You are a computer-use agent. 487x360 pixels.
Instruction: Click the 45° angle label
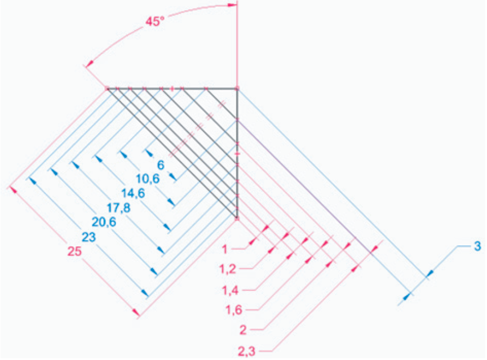(155, 21)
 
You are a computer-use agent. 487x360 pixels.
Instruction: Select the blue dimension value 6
(161, 165)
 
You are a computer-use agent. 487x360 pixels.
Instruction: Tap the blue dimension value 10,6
(148, 179)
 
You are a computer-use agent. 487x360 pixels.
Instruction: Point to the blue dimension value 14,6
(133, 193)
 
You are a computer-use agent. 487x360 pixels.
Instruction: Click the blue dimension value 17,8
(118, 208)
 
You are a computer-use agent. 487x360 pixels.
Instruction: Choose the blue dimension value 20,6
(104, 222)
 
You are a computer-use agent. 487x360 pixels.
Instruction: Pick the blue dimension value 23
(88, 237)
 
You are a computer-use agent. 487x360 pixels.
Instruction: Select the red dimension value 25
(74, 251)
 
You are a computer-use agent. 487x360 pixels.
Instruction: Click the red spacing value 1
(224, 249)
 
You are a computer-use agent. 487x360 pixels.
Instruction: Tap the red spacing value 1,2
(228, 269)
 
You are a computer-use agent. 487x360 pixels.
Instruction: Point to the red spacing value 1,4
(230, 291)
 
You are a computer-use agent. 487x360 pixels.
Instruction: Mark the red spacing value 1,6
(233, 310)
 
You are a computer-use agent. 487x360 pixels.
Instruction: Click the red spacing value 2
(243, 330)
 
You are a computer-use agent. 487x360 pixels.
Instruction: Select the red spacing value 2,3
(247, 352)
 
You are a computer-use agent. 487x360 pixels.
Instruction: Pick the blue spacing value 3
(477, 246)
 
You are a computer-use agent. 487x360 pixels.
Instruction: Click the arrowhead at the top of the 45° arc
(232, 5)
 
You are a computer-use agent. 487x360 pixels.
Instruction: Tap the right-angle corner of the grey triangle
(237, 89)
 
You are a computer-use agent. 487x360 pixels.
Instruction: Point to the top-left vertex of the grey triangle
(107, 89)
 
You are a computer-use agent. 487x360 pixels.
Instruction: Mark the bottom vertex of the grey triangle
(237, 219)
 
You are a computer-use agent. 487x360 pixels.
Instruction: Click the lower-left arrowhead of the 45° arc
(90, 63)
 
